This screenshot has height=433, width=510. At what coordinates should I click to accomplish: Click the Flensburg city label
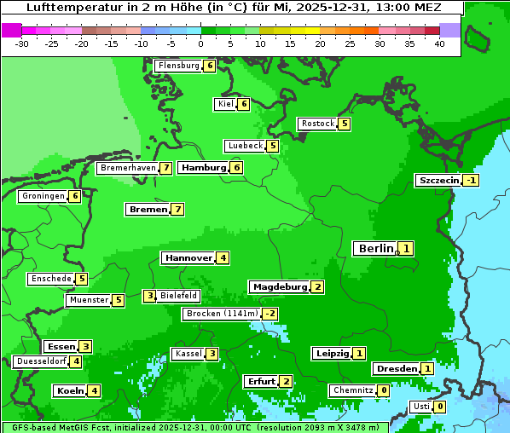coord(178,66)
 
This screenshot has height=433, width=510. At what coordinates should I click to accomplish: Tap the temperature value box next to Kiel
coord(243,104)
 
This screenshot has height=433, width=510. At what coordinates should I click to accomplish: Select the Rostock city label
coord(317,124)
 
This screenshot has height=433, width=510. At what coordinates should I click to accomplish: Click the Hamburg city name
coord(203,168)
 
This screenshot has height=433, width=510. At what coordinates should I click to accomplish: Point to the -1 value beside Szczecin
coord(471,181)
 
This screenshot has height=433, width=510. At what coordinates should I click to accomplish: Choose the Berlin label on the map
coord(375,249)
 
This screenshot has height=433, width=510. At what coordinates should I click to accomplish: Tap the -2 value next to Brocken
coord(269,314)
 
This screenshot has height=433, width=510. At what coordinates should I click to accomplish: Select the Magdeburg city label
coord(279,287)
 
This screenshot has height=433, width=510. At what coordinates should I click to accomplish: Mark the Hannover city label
coord(188,257)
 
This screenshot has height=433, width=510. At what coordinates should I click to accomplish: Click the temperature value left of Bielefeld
coord(149,297)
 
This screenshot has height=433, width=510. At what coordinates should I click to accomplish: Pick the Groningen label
coord(43,196)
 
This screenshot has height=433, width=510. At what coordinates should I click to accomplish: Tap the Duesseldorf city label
coord(40,361)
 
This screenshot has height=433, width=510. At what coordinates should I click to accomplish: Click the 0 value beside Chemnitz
coord(384,390)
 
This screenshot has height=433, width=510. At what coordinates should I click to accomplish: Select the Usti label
coord(420,407)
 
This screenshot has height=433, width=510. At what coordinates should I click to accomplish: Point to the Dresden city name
coord(396,369)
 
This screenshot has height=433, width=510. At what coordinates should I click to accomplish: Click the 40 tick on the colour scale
coord(439,44)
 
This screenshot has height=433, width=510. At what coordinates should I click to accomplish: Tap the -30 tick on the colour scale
coord(22,44)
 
